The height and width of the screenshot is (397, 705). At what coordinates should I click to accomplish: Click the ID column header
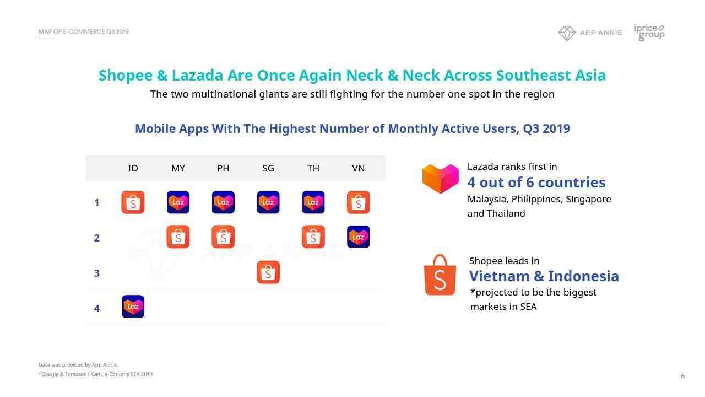tap(133, 168)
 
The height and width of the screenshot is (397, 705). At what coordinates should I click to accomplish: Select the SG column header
tap(268, 168)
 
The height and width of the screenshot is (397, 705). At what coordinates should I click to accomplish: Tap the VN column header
tap(358, 168)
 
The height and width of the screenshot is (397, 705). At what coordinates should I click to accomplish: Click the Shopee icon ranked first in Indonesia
tap(133, 202)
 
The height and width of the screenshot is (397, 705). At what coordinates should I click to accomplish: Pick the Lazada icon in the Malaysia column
tap(178, 202)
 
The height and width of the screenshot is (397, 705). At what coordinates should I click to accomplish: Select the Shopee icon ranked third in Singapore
tap(268, 272)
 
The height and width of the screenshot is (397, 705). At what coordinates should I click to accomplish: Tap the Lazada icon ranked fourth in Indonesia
tap(133, 307)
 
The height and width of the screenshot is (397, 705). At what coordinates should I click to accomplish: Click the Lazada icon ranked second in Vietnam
tap(359, 237)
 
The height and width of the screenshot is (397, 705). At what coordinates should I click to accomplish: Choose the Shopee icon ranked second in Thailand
tap(313, 237)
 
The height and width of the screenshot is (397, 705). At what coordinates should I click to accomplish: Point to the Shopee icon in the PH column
tap(223, 237)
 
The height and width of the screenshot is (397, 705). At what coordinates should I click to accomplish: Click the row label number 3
tap(96, 273)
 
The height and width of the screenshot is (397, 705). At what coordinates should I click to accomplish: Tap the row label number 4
tap(96, 308)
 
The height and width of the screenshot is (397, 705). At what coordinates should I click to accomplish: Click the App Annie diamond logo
tap(567, 33)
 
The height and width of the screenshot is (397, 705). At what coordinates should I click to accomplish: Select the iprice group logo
tap(649, 33)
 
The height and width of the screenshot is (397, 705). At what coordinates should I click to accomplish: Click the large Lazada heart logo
tap(440, 178)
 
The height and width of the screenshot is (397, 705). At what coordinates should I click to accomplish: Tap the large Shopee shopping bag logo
tap(440, 275)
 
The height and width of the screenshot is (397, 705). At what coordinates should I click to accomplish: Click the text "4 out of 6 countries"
tap(536, 183)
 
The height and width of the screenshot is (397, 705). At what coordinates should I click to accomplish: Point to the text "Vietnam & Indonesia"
tap(544, 276)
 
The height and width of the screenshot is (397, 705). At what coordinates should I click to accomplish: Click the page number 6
tap(682, 376)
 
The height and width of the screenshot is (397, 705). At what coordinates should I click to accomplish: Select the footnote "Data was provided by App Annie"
tap(78, 365)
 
